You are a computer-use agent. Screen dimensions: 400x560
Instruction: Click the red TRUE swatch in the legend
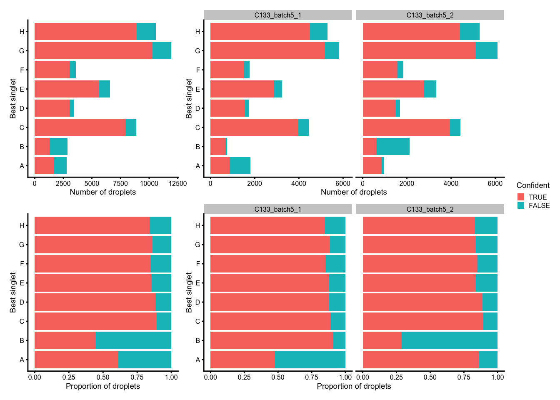click(x=521, y=197)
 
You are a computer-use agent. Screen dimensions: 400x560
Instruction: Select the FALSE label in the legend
click(x=539, y=206)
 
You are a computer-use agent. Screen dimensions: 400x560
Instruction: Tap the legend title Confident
click(x=532, y=185)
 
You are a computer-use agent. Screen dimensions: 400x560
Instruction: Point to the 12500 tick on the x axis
click(x=177, y=183)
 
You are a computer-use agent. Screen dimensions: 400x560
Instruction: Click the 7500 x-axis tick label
click(x=120, y=183)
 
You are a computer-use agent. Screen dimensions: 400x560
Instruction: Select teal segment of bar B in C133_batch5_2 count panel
click(x=393, y=147)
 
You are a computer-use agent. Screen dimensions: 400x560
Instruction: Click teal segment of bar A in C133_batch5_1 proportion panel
click(x=310, y=360)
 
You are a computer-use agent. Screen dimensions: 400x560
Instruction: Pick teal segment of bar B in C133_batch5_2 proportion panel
click(x=449, y=340)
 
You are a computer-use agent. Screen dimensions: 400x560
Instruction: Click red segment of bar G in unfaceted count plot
click(x=93, y=51)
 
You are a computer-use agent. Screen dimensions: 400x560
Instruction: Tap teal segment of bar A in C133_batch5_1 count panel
click(x=240, y=166)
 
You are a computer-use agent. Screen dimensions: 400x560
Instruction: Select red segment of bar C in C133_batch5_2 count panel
click(x=406, y=127)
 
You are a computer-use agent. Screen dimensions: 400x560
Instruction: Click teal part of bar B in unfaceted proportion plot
click(x=133, y=340)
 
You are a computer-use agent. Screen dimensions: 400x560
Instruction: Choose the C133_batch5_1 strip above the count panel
click(x=278, y=15)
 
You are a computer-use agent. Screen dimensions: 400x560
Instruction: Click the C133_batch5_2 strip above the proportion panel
click(x=430, y=209)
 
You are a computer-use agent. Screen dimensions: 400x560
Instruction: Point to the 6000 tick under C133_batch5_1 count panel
click(x=342, y=183)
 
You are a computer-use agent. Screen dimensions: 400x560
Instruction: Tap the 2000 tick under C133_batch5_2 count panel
click(x=407, y=183)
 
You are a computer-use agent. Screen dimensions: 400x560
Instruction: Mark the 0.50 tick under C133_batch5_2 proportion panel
click(x=430, y=377)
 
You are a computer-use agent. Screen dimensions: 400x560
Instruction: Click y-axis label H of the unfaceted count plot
click(x=22, y=32)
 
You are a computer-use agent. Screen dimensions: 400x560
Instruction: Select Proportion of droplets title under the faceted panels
click(x=354, y=386)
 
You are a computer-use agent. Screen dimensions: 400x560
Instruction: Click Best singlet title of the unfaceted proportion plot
click(x=13, y=292)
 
